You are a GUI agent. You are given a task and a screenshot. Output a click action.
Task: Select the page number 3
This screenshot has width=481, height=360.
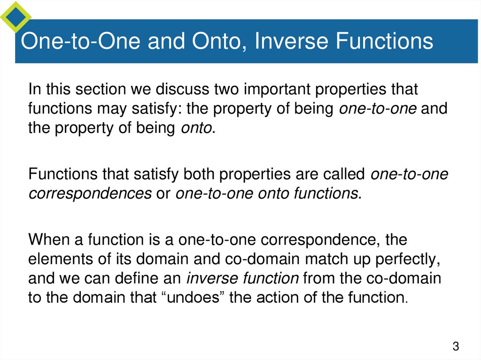(455, 347)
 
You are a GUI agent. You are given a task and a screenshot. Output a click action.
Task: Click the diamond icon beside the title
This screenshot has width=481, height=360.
(15, 17)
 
